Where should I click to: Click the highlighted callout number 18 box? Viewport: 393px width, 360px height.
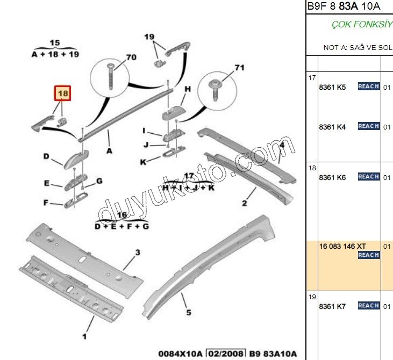click(63, 94)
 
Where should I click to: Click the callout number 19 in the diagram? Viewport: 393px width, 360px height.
click(149, 37)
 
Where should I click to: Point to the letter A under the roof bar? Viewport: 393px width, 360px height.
click(109, 151)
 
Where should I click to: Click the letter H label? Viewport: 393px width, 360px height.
click(188, 89)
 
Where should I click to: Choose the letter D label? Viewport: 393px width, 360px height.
click(46, 157)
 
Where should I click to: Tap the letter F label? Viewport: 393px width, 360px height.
click(46, 203)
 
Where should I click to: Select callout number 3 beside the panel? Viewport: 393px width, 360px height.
click(137, 253)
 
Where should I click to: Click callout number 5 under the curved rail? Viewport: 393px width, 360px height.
click(188, 313)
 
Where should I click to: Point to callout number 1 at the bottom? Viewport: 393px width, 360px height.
click(84, 337)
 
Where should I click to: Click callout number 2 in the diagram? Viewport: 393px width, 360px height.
click(245, 203)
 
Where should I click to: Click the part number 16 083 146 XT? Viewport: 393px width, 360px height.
click(341, 246)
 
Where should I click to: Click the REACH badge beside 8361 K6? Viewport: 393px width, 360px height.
click(369, 177)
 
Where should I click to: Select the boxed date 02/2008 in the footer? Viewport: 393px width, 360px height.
click(226, 354)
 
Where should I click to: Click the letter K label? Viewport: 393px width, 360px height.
click(143, 162)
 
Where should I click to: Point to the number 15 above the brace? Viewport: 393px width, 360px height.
click(55, 42)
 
